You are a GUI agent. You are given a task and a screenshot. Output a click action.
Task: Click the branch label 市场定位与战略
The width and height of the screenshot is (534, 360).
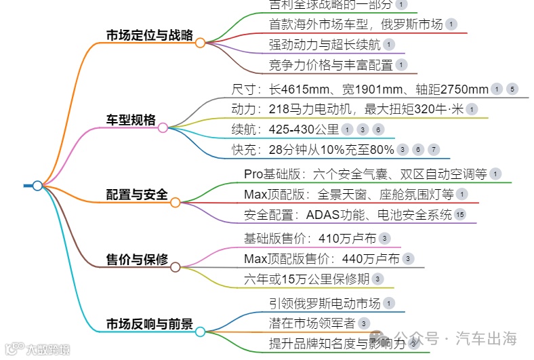click(149, 35)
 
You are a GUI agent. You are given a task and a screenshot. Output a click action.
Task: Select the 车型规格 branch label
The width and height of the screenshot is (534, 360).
click(131, 120)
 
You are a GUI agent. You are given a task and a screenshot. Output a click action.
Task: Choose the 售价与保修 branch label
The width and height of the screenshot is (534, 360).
click(137, 260)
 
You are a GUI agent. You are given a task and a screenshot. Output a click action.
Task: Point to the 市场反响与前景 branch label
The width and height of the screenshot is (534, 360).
click(149, 325)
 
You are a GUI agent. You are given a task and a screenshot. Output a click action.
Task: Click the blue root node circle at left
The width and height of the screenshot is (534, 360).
click(37, 185)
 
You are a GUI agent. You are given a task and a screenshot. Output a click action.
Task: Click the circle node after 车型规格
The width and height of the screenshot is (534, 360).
click(163, 127)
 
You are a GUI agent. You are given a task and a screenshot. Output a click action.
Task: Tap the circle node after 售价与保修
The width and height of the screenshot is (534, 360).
click(175, 267)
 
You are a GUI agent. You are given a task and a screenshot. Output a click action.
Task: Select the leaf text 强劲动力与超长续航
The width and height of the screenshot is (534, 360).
click(324, 45)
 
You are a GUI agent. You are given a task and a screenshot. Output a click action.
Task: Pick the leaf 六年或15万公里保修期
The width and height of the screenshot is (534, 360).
click(306, 279)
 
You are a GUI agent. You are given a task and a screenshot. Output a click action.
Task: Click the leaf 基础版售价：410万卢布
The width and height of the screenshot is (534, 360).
click(310, 238)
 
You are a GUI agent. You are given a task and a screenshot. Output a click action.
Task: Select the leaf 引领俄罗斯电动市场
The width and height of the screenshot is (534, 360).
click(324, 303)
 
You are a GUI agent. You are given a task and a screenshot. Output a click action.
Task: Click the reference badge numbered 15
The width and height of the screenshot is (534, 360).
click(460, 215)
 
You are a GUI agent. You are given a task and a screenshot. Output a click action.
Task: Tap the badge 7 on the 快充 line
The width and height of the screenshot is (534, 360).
click(434, 150)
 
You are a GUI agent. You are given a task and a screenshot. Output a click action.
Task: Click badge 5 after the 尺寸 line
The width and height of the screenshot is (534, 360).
click(512, 89)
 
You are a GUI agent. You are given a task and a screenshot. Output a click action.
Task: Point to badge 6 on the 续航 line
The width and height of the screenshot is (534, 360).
click(378, 129)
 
